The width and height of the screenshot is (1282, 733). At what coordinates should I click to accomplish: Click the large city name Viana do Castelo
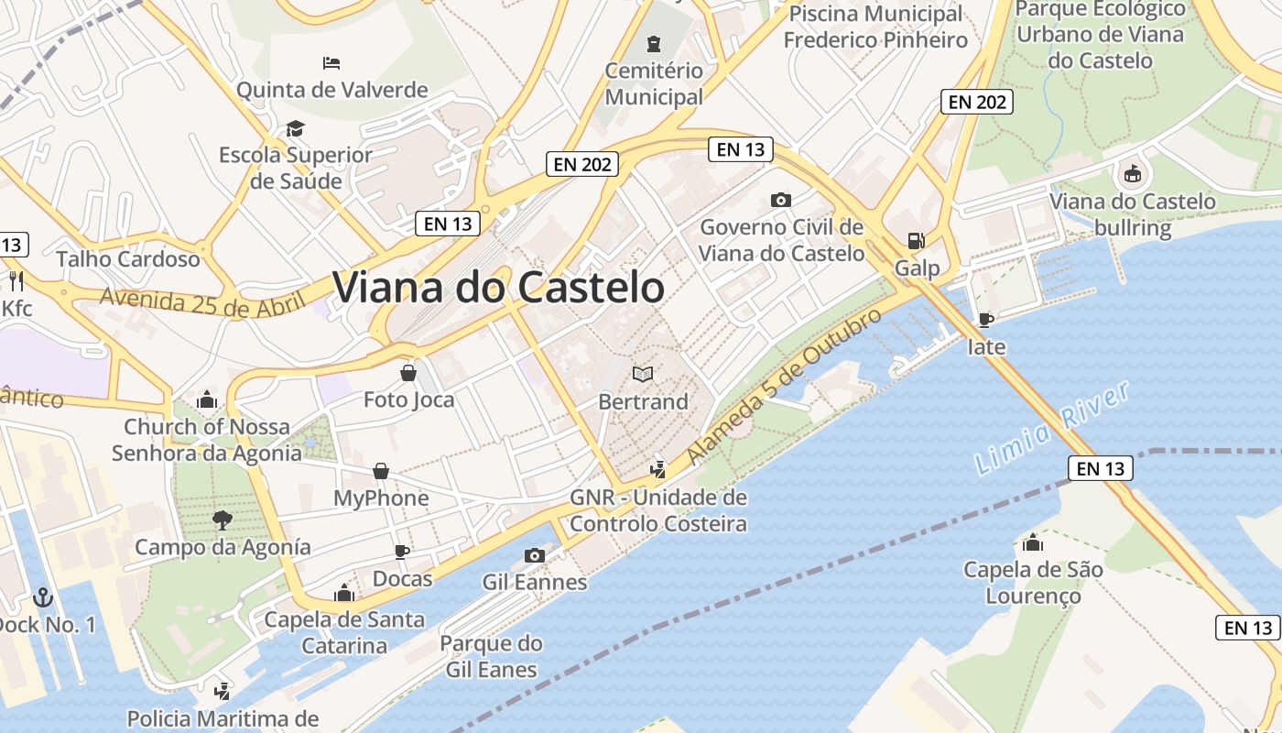click(498, 287)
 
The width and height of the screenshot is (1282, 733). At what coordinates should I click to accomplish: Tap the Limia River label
click(1052, 428)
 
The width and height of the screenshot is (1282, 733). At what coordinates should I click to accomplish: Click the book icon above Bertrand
click(643, 374)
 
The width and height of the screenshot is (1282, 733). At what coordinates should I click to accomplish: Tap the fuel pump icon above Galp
click(916, 241)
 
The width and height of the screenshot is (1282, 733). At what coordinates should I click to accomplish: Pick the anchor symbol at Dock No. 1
click(42, 597)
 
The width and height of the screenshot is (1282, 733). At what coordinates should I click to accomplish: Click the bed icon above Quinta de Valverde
click(331, 63)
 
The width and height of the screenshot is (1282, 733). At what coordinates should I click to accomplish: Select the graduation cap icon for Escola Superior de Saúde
click(295, 127)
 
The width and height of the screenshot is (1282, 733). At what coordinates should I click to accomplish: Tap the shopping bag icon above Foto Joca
click(408, 372)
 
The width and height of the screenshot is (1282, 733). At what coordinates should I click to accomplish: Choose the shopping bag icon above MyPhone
click(381, 471)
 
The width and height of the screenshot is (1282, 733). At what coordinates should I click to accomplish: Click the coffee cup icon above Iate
click(985, 320)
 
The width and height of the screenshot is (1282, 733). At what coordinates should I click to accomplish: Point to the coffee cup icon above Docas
click(401, 552)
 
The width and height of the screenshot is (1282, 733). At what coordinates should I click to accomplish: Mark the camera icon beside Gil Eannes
click(534, 555)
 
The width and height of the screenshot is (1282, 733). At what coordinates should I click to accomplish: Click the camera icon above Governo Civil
click(781, 200)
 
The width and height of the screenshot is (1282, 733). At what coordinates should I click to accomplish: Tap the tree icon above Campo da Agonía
click(222, 520)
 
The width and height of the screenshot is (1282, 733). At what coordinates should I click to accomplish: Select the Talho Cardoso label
click(128, 259)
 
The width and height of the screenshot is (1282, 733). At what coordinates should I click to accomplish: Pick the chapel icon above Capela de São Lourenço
click(1033, 542)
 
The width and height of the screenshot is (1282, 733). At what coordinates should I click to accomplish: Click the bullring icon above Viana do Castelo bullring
click(1133, 173)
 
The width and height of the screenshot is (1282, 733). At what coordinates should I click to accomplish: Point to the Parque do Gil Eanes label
click(492, 656)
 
